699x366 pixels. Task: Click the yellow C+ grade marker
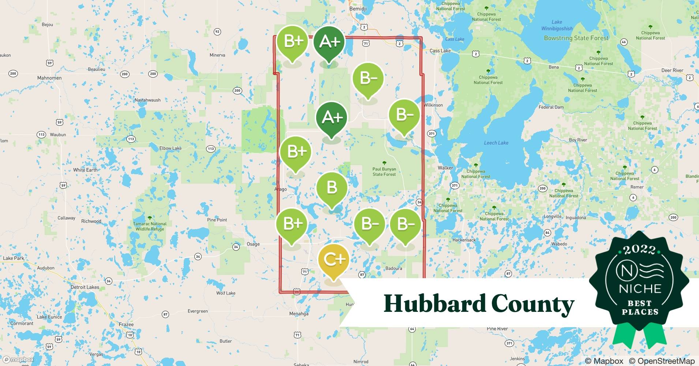pyautogui.click(x=333, y=259)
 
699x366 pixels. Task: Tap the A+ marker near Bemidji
pyautogui.click(x=329, y=42)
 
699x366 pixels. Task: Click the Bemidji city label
pyautogui.click(x=358, y=9)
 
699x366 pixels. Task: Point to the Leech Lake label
pyautogui.click(x=496, y=143)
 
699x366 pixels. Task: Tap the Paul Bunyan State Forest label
pyautogui.click(x=384, y=172)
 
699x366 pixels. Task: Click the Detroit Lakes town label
pyautogui.click(x=85, y=287)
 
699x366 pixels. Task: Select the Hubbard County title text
pyautogui.click(x=479, y=304)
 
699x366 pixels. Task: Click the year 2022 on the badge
pyautogui.click(x=639, y=250)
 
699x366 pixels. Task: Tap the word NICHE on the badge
pyautogui.click(x=640, y=289)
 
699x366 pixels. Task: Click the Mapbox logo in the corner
pyautogui.click(x=18, y=359)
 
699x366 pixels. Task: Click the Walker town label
pyautogui.click(x=445, y=168)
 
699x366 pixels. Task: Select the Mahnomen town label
pyautogui.click(x=49, y=78)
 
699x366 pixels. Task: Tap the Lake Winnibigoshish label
pyautogui.click(x=557, y=25)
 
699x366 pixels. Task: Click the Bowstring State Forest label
pyautogui.click(x=576, y=38)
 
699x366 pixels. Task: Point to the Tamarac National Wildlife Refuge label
pyautogui.click(x=150, y=226)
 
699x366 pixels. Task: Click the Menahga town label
pyautogui.click(x=299, y=314)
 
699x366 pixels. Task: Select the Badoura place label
pyautogui.click(x=393, y=268)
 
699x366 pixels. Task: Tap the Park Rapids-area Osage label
pyautogui.click(x=253, y=244)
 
